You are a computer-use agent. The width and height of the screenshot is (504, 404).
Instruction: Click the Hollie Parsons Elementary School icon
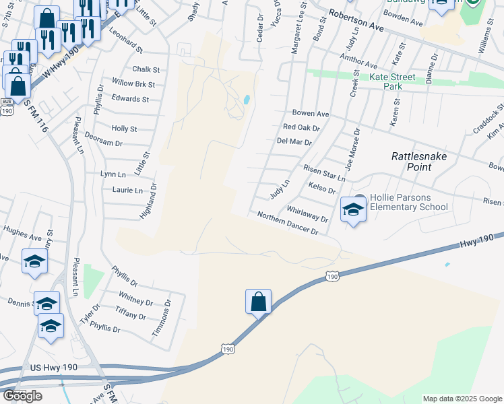point(353,209)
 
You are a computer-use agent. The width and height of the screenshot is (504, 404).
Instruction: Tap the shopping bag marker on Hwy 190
point(259,302)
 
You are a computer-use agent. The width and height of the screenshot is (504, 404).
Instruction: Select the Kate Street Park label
point(395,81)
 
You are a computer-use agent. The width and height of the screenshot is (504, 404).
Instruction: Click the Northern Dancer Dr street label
point(288,223)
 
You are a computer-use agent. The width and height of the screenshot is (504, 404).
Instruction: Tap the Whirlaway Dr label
point(307,214)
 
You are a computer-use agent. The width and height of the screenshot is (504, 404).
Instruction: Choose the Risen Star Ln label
point(325,174)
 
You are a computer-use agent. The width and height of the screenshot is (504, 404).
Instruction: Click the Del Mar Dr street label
point(294,142)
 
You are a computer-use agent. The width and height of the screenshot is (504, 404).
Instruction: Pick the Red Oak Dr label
point(301,127)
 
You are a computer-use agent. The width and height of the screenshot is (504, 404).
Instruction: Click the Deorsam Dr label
point(104,139)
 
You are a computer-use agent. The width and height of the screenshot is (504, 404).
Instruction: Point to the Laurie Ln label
point(127,191)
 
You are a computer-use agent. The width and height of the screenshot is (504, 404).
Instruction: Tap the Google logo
point(22,396)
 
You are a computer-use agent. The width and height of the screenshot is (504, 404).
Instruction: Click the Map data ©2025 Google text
point(462,399)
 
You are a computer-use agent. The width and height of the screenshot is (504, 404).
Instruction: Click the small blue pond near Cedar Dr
point(247,100)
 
